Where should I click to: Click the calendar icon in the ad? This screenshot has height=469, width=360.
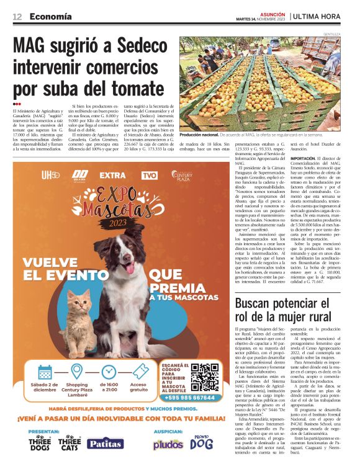[45, 372]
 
